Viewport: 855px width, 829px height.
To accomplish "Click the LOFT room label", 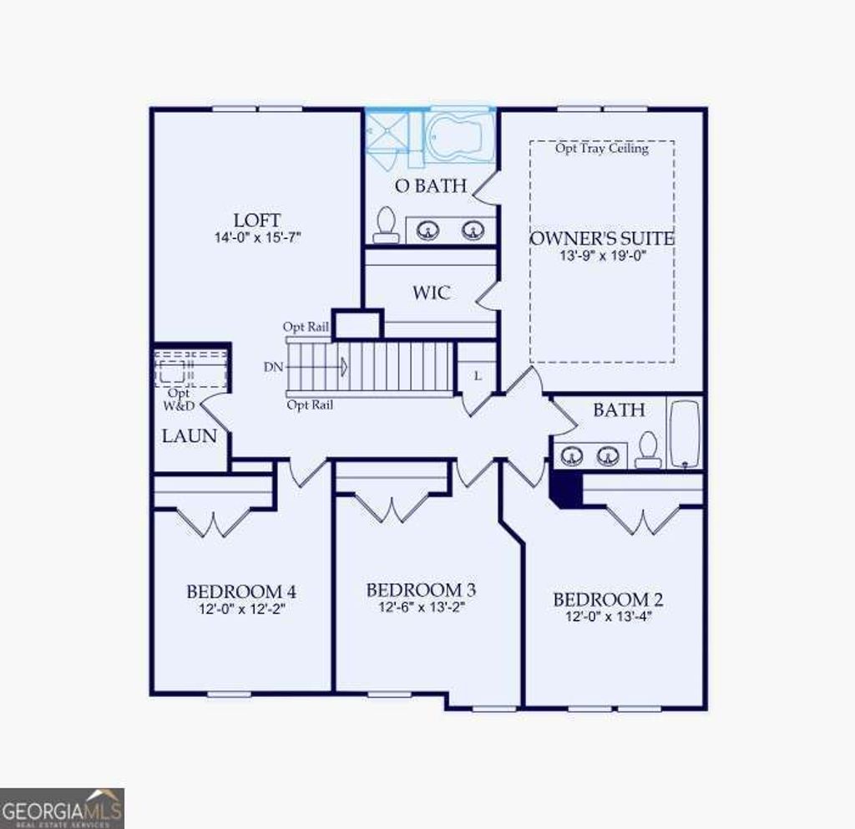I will pyautogui.click(x=256, y=221).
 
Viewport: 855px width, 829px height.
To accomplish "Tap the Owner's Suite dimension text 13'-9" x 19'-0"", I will pyautogui.click(x=602, y=257).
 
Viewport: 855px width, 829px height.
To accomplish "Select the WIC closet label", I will pyautogui.click(x=431, y=293).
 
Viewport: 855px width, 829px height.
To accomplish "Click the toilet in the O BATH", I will pyautogui.click(x=386, y=225).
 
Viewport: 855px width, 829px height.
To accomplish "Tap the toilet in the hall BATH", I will pyautogui.click(x=648, y=450).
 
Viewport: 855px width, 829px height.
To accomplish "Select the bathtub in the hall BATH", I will pyautogui.click(x=685, y=433).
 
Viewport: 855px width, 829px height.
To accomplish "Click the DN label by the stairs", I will pyautogui.click(x=272, y=366).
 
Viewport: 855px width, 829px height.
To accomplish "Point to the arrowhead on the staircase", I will pyautogui.click(x=343, y=366).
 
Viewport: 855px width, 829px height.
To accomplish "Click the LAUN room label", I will pyautogui.click(x=190, y=435).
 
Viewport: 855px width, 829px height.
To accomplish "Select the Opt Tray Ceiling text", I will pyautogui.click(x=601, y=149).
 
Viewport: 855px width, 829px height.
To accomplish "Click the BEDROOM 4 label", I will pyautogui.click(x=240, y=592).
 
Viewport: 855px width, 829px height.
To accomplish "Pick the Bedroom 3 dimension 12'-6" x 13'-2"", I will pyautogui.click(x=421, y=608).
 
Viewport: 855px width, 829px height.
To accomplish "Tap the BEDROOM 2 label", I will pyautogui.click(x=607, y=600).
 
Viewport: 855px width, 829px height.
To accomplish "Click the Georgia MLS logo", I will pyautogui.click(x=63, y=808).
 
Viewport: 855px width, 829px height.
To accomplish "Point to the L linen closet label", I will pyautogui.click(x=478, y=376).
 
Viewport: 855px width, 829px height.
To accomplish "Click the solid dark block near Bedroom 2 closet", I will pyautogui.click(x=566, y=488).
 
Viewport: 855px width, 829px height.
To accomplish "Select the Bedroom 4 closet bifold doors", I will pyautogui.click(x=215, y=523).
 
